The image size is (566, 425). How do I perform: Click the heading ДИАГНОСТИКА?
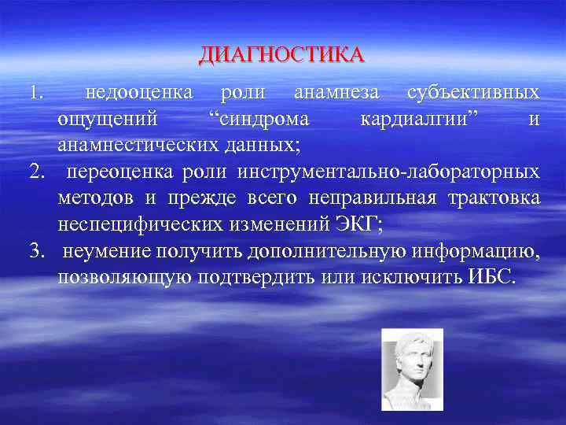[282, 54]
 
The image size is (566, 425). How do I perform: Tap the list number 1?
[34, 94]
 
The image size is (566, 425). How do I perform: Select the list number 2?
[34, 172]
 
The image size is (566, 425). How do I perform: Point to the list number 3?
[34, 252]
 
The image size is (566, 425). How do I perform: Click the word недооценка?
[139, 94]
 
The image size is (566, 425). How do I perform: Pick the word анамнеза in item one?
[336, 94]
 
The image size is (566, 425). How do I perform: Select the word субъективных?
[473, 94]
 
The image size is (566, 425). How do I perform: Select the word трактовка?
[499, 198]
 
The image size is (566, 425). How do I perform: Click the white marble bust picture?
[412, 368]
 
